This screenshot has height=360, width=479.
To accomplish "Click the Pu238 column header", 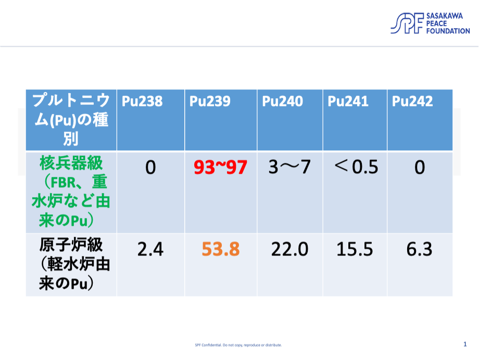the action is (x=142, y=101).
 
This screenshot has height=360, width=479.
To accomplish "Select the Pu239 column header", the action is (x=210, y=101).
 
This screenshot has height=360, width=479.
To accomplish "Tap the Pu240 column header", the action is (x=282, y=101).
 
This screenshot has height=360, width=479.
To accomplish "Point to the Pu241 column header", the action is (x=348, y=101).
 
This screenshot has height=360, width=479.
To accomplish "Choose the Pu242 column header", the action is (x=412, y=101).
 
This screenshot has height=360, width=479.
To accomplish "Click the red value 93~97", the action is (x=220, y=168).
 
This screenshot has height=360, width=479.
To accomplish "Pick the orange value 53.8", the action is (x=221, y=249).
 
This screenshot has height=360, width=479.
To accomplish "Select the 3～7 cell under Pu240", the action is (x=289, y=167).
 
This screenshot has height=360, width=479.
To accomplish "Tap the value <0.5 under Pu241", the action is (x=356, y=166).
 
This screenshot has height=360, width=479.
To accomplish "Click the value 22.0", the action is (x=289, y=249).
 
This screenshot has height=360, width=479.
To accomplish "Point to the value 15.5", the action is (x=355, y=249).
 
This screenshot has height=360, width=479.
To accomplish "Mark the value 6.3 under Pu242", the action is (x=420, y=249).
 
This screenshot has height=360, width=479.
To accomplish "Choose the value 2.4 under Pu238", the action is (x=150, y=249).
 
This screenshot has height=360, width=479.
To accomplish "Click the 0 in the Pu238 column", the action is (x=150, y=168).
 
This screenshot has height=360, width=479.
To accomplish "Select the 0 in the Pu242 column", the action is (x=420, y=168).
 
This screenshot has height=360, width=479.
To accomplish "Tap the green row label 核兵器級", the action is (x=71, y=163).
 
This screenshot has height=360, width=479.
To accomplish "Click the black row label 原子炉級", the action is (x=71, y=245).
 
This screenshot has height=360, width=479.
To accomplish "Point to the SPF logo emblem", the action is (x=407, y=23).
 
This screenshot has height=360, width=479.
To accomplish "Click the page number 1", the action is (x=465, y=344).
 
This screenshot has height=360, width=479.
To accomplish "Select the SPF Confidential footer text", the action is (x=238, y=345).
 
